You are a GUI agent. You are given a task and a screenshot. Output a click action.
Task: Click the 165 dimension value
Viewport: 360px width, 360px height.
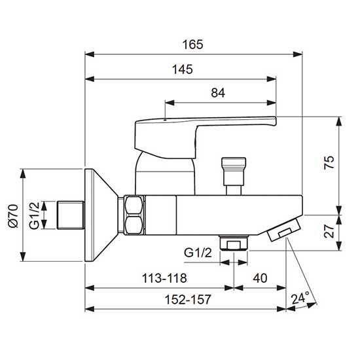193,45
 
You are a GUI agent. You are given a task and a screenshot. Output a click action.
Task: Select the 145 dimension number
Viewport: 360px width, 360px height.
183,69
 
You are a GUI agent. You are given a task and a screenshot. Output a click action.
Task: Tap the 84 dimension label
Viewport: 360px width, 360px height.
218,93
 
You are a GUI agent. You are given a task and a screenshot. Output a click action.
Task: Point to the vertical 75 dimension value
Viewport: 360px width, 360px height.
329,162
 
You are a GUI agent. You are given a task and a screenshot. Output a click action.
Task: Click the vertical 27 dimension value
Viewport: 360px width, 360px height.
329,231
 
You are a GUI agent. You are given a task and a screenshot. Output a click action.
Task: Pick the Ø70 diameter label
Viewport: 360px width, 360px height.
13,216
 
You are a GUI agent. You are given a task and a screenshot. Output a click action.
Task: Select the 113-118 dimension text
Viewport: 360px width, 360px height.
164,278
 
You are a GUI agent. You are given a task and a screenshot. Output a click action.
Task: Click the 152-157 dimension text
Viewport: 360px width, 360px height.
188,299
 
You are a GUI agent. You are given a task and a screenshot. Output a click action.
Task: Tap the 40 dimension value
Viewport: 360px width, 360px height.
260,278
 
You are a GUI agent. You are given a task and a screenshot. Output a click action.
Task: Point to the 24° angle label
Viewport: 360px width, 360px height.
300,298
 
